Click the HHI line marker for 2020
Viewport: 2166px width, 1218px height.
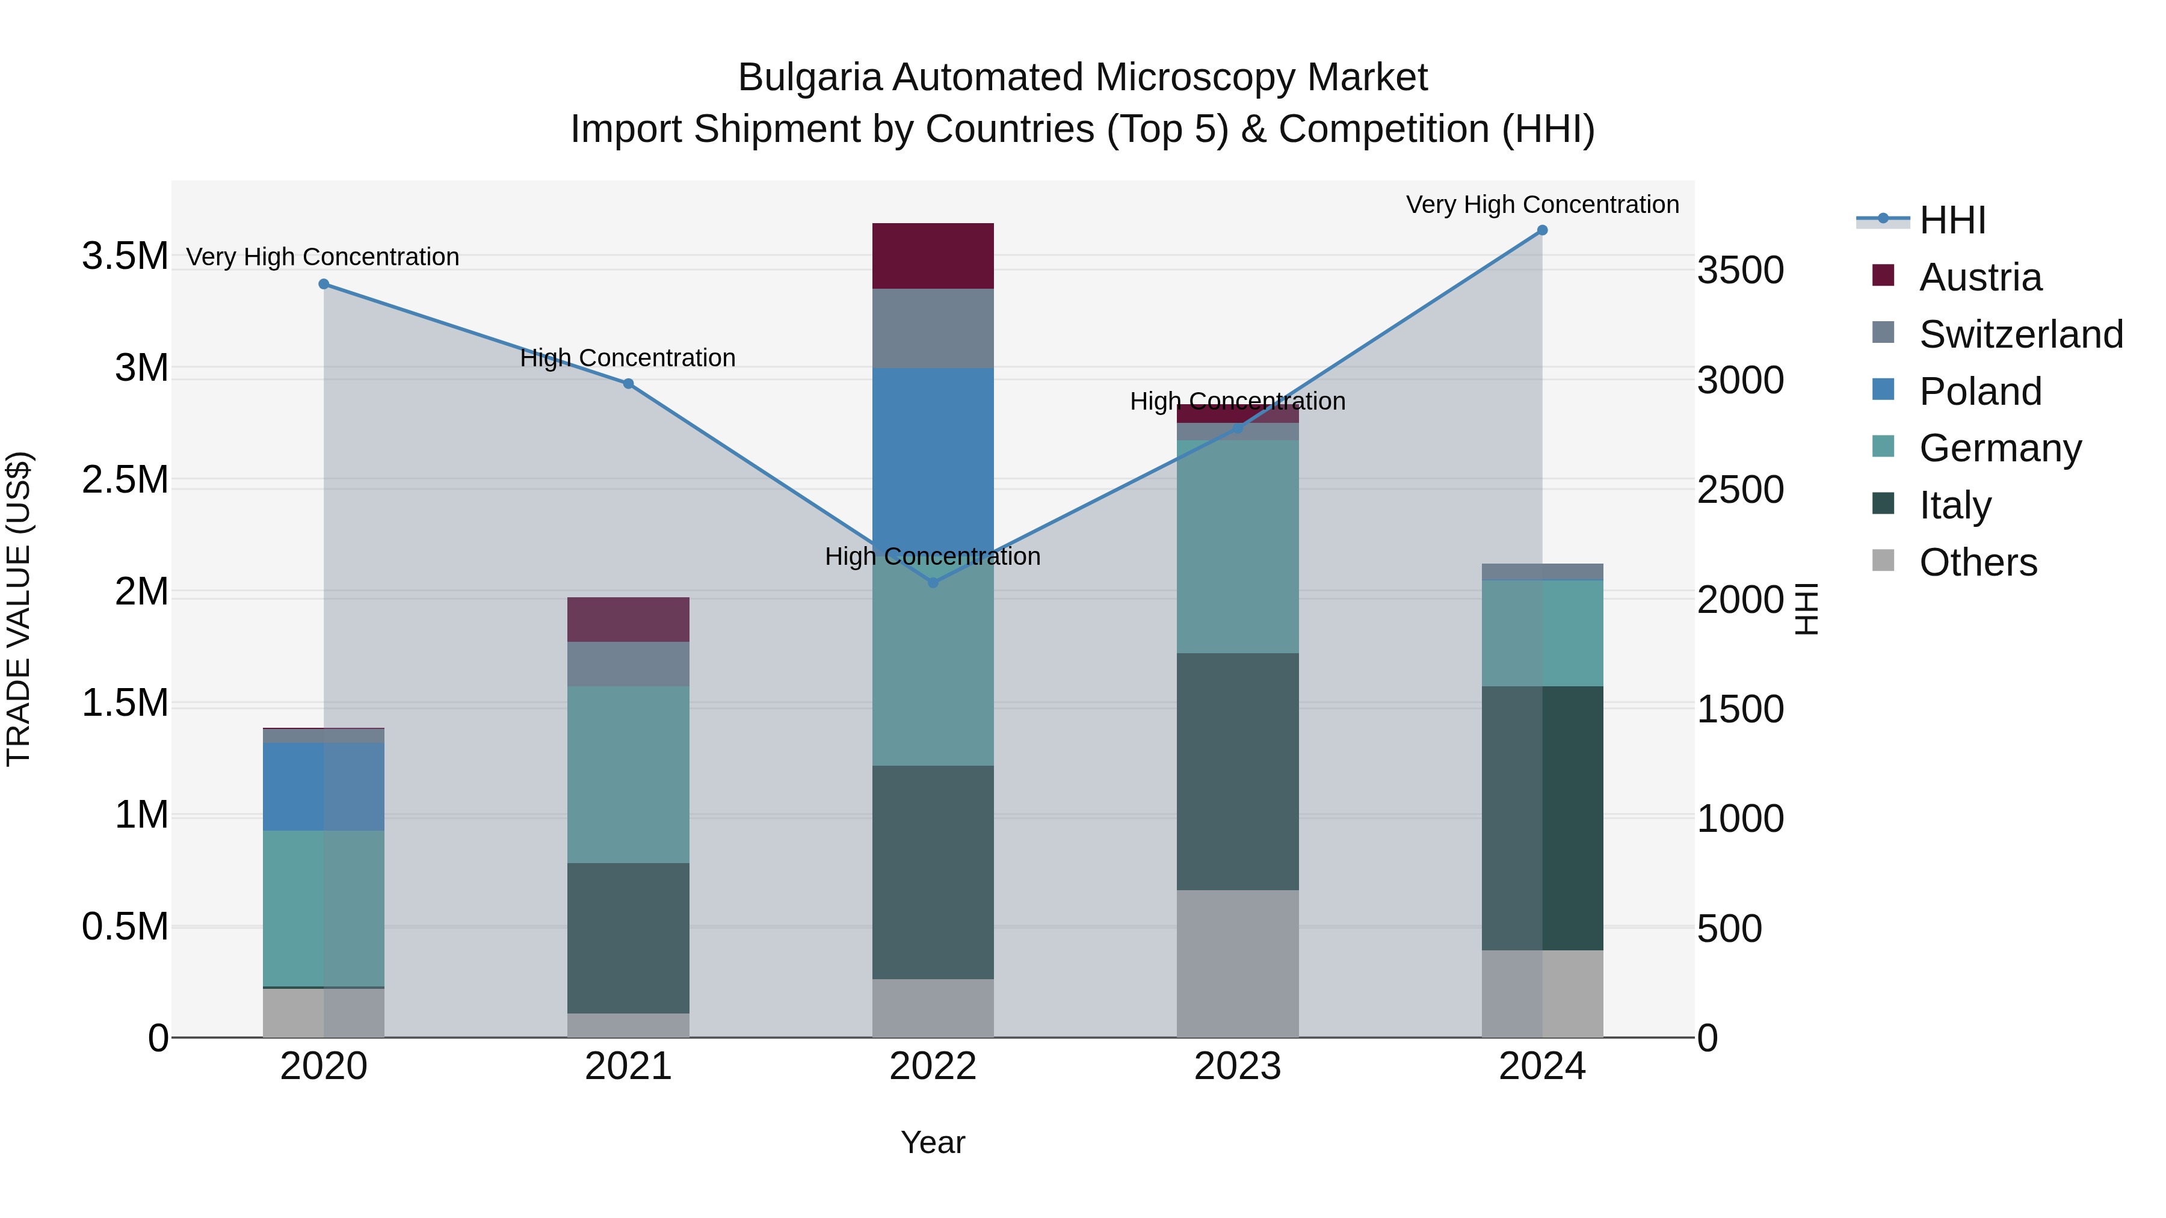tap(324, 284)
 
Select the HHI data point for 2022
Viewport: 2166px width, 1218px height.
tap(933, 582)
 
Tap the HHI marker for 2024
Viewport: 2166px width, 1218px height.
tap(1542, 230)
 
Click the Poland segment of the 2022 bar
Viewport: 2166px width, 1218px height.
tap(933, 454)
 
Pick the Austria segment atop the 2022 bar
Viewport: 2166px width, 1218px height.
tap(933, 256)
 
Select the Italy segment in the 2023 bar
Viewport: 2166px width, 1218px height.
tap(1237, 771)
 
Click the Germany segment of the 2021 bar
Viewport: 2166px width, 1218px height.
tap(628, 774)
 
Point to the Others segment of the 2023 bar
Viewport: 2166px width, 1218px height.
tap(1237, 964)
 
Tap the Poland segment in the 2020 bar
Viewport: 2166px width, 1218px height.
tap(324, 787)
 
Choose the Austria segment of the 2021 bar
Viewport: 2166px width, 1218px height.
tap(628, 620)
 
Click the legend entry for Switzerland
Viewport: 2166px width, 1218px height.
tap(2020, 334)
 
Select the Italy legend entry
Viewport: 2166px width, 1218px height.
tap(1955, 505)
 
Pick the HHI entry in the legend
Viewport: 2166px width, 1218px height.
tap(1952, 220)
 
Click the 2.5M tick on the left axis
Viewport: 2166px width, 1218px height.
tap(125, 480)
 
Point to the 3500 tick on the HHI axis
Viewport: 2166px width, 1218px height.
tap(1739, 271)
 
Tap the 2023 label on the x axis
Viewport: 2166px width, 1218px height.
tap(1237, 1066)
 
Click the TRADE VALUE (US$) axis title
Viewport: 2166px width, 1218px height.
tap(19, 609)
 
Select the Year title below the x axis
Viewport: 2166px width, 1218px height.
tap(933, 1142)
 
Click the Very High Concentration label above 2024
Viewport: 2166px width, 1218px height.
tap(1542, 205)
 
